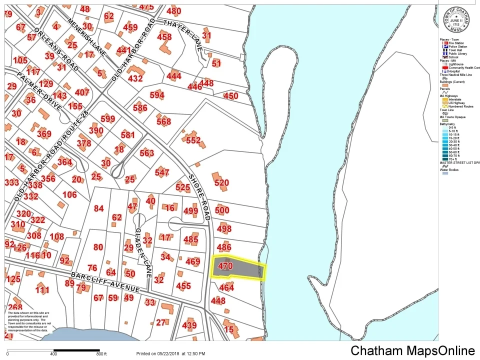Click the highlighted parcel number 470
pyautogui.click(x=225, y=266)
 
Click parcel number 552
pyautogui.click(x=193, y=140)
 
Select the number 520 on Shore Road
pyautogui.click(x=221, y=183)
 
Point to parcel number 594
pyautogui.click(x=156, y=95)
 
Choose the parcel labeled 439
pyautogui.click(x=189, y=325)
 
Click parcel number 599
pyautogui.click(x=107, y=118)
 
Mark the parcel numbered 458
pyautogui.click(x=164, y=36)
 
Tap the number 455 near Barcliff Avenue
pyautogui.click(x=183, y=286)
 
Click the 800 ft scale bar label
pyautogui.click(x=101, y=354)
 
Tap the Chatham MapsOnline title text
pyautogui.click(x=412, y=350)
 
